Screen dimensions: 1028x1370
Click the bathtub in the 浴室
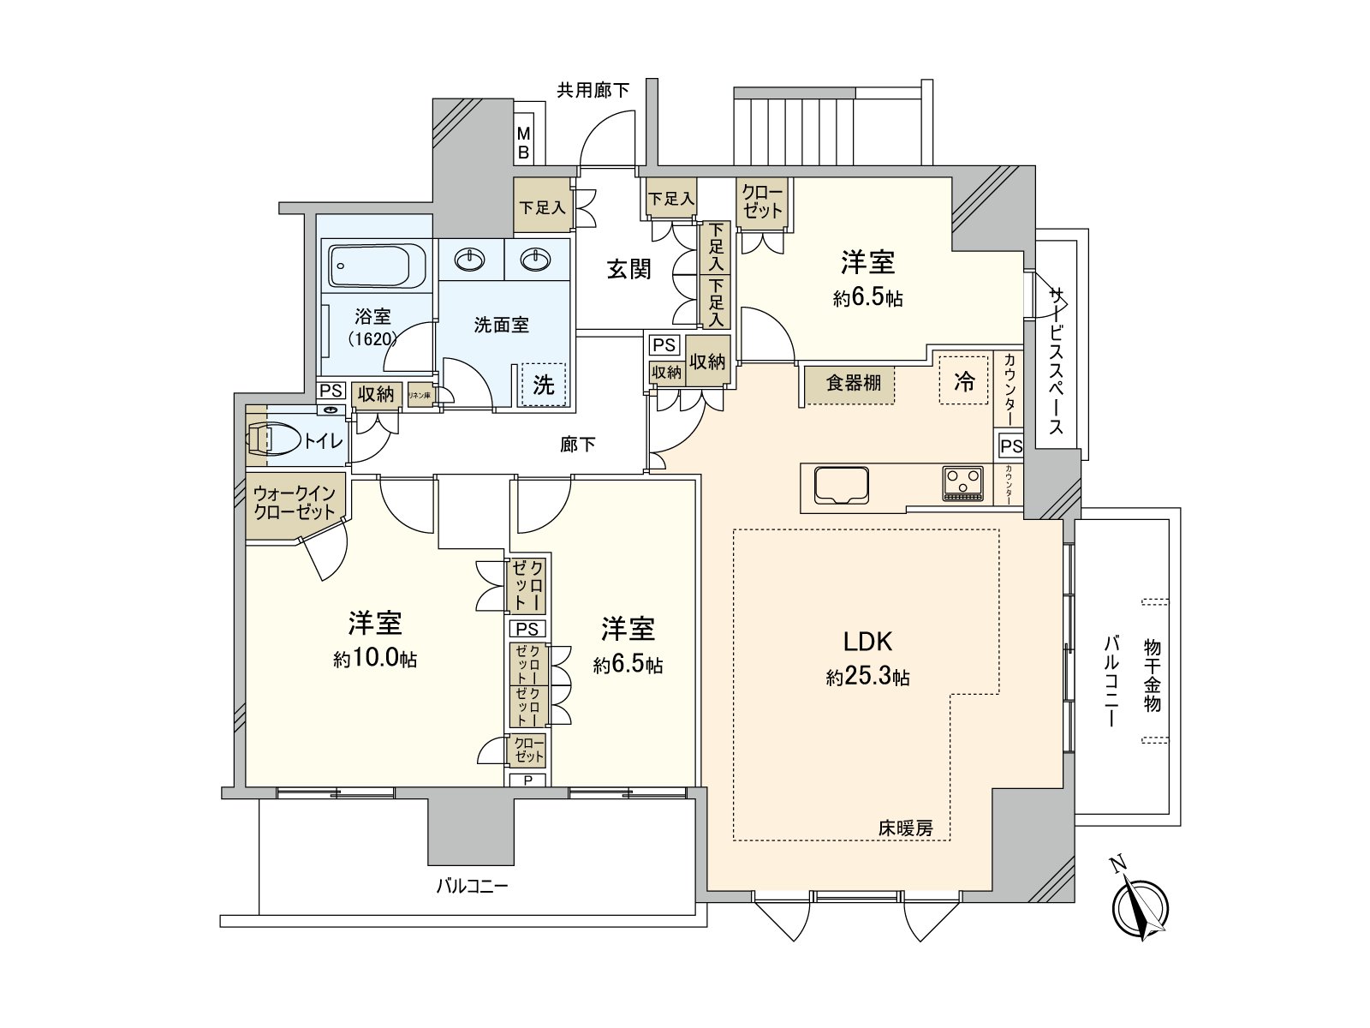coord(377,266)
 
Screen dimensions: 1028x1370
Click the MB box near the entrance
coord(523,144)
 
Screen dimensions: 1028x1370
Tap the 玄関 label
coord(629,269)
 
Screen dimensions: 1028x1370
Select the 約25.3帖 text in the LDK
coord(867,678)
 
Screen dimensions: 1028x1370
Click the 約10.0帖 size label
coord(375,660)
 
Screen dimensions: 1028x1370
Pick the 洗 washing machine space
coord(544,385)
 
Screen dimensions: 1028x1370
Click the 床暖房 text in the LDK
coord(905,828)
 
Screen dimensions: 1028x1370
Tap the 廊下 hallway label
coord(578,445)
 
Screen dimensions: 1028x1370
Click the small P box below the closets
coord(528,780)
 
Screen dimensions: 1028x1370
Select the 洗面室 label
coord(502,325)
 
